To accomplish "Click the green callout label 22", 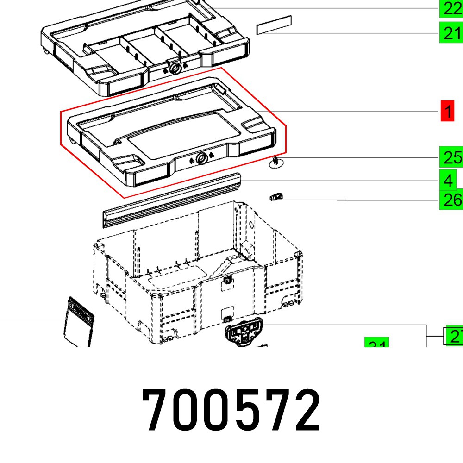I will (x=450, y=8).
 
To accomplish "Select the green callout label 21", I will (x=450, y=33).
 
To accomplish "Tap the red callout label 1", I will (x=447, y=112).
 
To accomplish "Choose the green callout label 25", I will (x=450, y=158).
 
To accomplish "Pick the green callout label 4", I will (x=448, y=180).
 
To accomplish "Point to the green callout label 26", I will (x=450, y=200).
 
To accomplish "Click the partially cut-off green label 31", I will (x=377, y=343).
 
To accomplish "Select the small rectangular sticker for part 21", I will (x=274, y=25).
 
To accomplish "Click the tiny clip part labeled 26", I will (x=276, y=197).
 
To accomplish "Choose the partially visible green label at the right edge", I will (x=454, y=337).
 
